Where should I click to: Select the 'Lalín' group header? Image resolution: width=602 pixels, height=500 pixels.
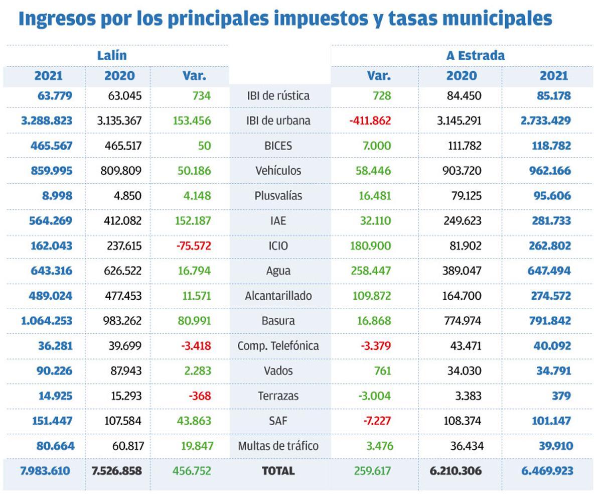point(112,55)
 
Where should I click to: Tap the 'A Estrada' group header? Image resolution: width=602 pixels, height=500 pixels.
point(475,55)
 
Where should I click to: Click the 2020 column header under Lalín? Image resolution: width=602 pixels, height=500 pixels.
point(119,76)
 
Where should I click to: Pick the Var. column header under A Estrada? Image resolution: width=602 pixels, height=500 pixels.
point(378,76)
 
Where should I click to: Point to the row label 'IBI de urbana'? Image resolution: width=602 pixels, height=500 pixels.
point(278,120)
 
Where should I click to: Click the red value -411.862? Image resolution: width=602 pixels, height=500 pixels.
point(370,120)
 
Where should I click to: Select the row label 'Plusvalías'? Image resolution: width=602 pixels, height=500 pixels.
point(278,196)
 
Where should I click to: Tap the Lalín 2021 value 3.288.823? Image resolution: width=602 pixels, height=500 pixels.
point(47,120)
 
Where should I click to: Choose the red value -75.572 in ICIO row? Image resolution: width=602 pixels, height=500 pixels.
point(194,246)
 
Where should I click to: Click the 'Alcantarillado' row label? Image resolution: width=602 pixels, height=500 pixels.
point(278,296)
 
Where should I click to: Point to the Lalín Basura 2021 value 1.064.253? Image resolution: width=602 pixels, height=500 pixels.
point(47,321)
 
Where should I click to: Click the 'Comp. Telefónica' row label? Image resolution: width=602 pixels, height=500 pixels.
point(278,346)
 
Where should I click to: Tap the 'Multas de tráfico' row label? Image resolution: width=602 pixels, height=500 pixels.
point(278,446)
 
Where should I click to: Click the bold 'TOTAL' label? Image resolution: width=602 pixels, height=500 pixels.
point(278,471)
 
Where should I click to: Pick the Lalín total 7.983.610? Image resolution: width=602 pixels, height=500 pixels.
point(45,471)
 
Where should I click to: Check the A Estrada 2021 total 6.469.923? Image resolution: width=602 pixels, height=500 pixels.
point(547,471)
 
